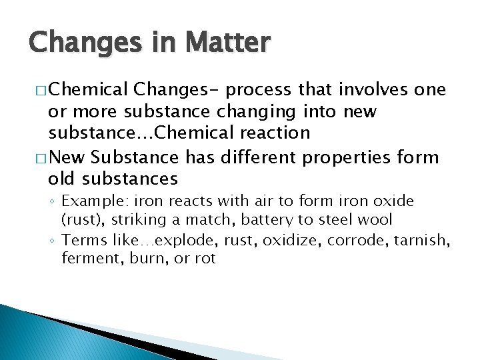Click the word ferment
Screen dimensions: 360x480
point(87,257)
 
